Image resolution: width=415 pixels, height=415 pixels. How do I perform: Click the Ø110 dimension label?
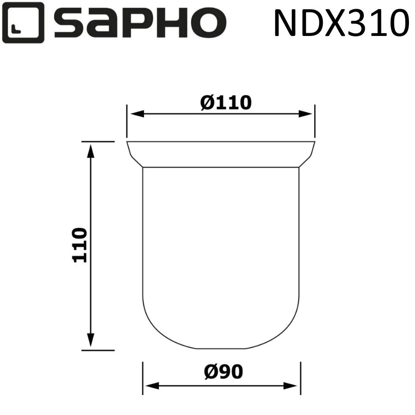226,102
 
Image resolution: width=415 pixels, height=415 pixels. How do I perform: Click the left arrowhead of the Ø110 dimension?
134,114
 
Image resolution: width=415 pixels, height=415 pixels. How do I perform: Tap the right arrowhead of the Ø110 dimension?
308,114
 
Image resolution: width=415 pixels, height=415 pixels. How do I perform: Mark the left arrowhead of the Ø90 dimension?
149,385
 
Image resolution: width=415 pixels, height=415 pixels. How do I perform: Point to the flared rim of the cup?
221,154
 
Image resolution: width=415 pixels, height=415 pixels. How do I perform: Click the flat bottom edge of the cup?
221,349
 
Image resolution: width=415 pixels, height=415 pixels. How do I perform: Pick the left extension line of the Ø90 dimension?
143,378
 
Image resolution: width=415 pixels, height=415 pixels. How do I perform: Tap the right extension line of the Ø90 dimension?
301,378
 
